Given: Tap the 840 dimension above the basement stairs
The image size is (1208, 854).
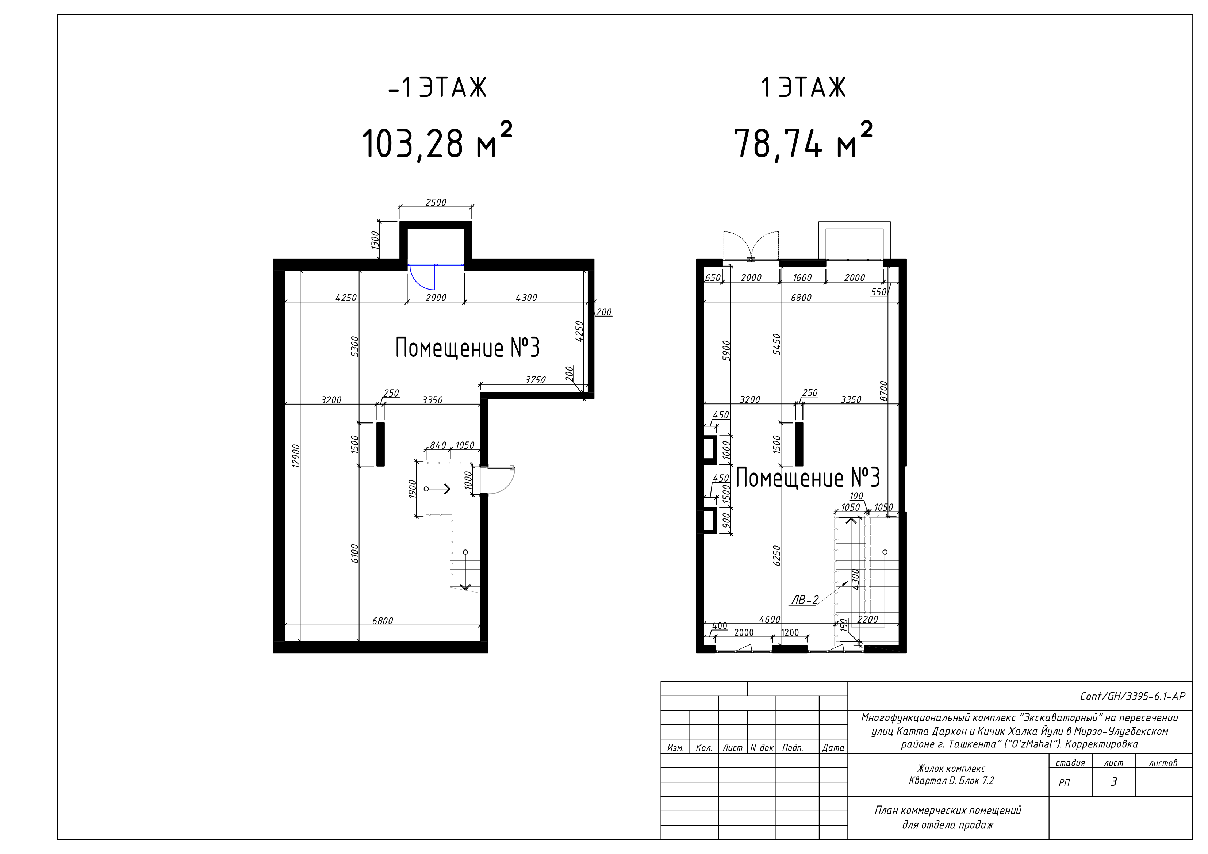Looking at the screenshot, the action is pyautogui.click(x=438, y=445).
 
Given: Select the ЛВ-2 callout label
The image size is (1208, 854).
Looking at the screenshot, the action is pyautogui.click(x=805, y=599).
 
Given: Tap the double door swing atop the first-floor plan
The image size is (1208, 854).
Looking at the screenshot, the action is pyautogui.click(x=751, y=246).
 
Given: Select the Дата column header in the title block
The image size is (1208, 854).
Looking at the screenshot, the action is pyautogui.click(x=833, y=748).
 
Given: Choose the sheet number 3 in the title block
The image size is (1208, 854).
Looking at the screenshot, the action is pyautogui.click(x=1113, y=782).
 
